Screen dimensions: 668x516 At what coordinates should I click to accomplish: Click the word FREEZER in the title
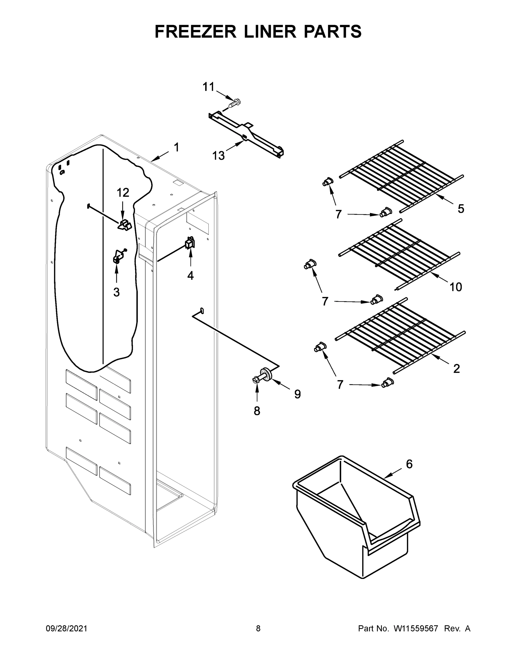(x=195, y=31)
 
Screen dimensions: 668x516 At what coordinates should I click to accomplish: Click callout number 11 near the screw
(x=209, y=87)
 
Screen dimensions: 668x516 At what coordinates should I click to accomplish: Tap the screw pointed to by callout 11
(x=234, y=103)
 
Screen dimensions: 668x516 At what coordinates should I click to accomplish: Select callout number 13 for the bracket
(x=218, y=156)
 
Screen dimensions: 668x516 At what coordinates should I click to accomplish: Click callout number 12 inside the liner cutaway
(x=123, y=193)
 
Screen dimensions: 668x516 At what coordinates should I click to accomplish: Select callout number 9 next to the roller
(x=297, y=394)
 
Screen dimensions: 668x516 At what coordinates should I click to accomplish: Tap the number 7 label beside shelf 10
(x=325, y=301)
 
